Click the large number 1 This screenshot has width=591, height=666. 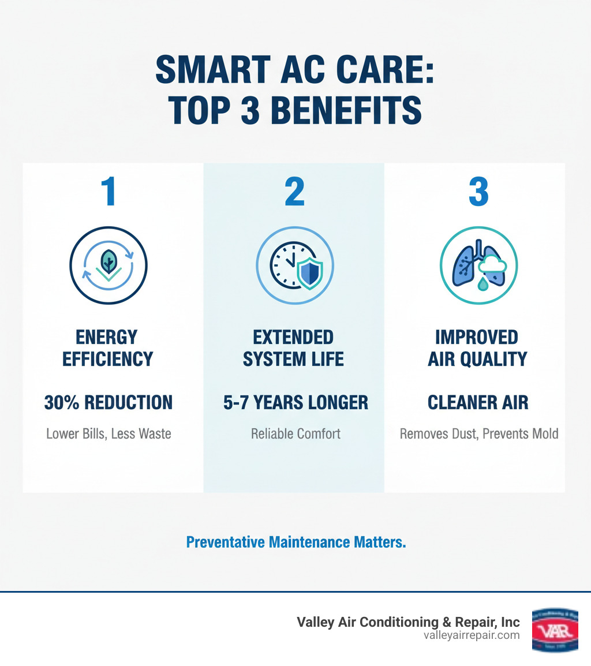(108, 192)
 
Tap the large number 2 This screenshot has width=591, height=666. (294, 192)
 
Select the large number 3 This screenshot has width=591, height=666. (478, 192)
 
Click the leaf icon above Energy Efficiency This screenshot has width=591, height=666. (108, 260)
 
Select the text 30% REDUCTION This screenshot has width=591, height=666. (109, 402)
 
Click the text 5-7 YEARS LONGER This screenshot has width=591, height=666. (295, 402)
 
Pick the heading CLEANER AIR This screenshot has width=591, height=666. (478, 402)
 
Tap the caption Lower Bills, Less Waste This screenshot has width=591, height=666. (109, 433)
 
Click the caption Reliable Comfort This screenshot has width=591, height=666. (295, 433)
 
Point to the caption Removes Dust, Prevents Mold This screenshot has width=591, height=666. (479, 433)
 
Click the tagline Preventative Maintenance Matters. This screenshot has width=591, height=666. (296, 542)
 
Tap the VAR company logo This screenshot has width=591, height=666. (555, 630)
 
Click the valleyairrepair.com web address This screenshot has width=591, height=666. (471, 635)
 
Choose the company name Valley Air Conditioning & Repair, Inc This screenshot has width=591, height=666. (408, 622)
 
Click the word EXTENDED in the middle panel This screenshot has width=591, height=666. (293, 337)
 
